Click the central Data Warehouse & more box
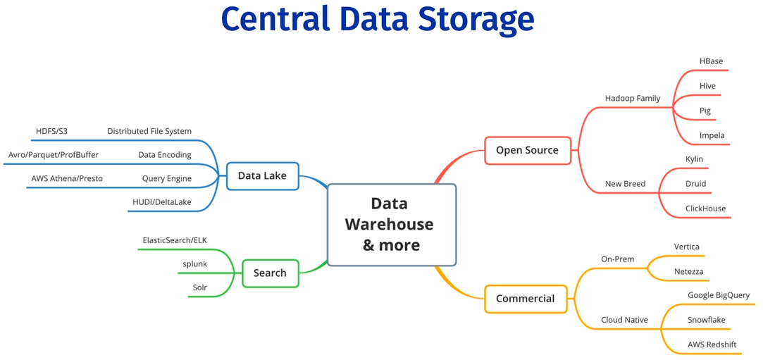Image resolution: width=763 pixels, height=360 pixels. point(392,224)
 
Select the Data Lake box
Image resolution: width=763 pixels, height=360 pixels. point(262,175)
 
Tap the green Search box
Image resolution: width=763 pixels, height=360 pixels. point(270,273)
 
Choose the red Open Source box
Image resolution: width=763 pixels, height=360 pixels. point(527,150)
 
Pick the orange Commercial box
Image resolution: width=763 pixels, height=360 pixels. point(525,299)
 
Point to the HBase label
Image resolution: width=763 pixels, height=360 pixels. point(711,61)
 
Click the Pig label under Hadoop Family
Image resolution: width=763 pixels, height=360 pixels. point(705,111)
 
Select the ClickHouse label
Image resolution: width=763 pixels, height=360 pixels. point(705,209)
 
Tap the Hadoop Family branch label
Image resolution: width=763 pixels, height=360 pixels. point(633,98)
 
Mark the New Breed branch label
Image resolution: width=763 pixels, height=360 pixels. point(625,184)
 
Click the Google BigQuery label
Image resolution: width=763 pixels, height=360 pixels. point(719,295)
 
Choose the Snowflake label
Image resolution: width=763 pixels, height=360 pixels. point(706,320)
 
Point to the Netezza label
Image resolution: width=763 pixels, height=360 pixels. point(688,271)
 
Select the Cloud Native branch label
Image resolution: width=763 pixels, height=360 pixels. point(624,320)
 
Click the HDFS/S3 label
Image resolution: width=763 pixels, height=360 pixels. point(51,131)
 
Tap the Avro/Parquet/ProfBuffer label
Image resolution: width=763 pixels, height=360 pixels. point(54,154)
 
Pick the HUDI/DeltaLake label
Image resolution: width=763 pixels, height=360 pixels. point(162,202)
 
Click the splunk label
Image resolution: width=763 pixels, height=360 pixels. point(194,264)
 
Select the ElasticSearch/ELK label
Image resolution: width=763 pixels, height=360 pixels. point(175,240)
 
